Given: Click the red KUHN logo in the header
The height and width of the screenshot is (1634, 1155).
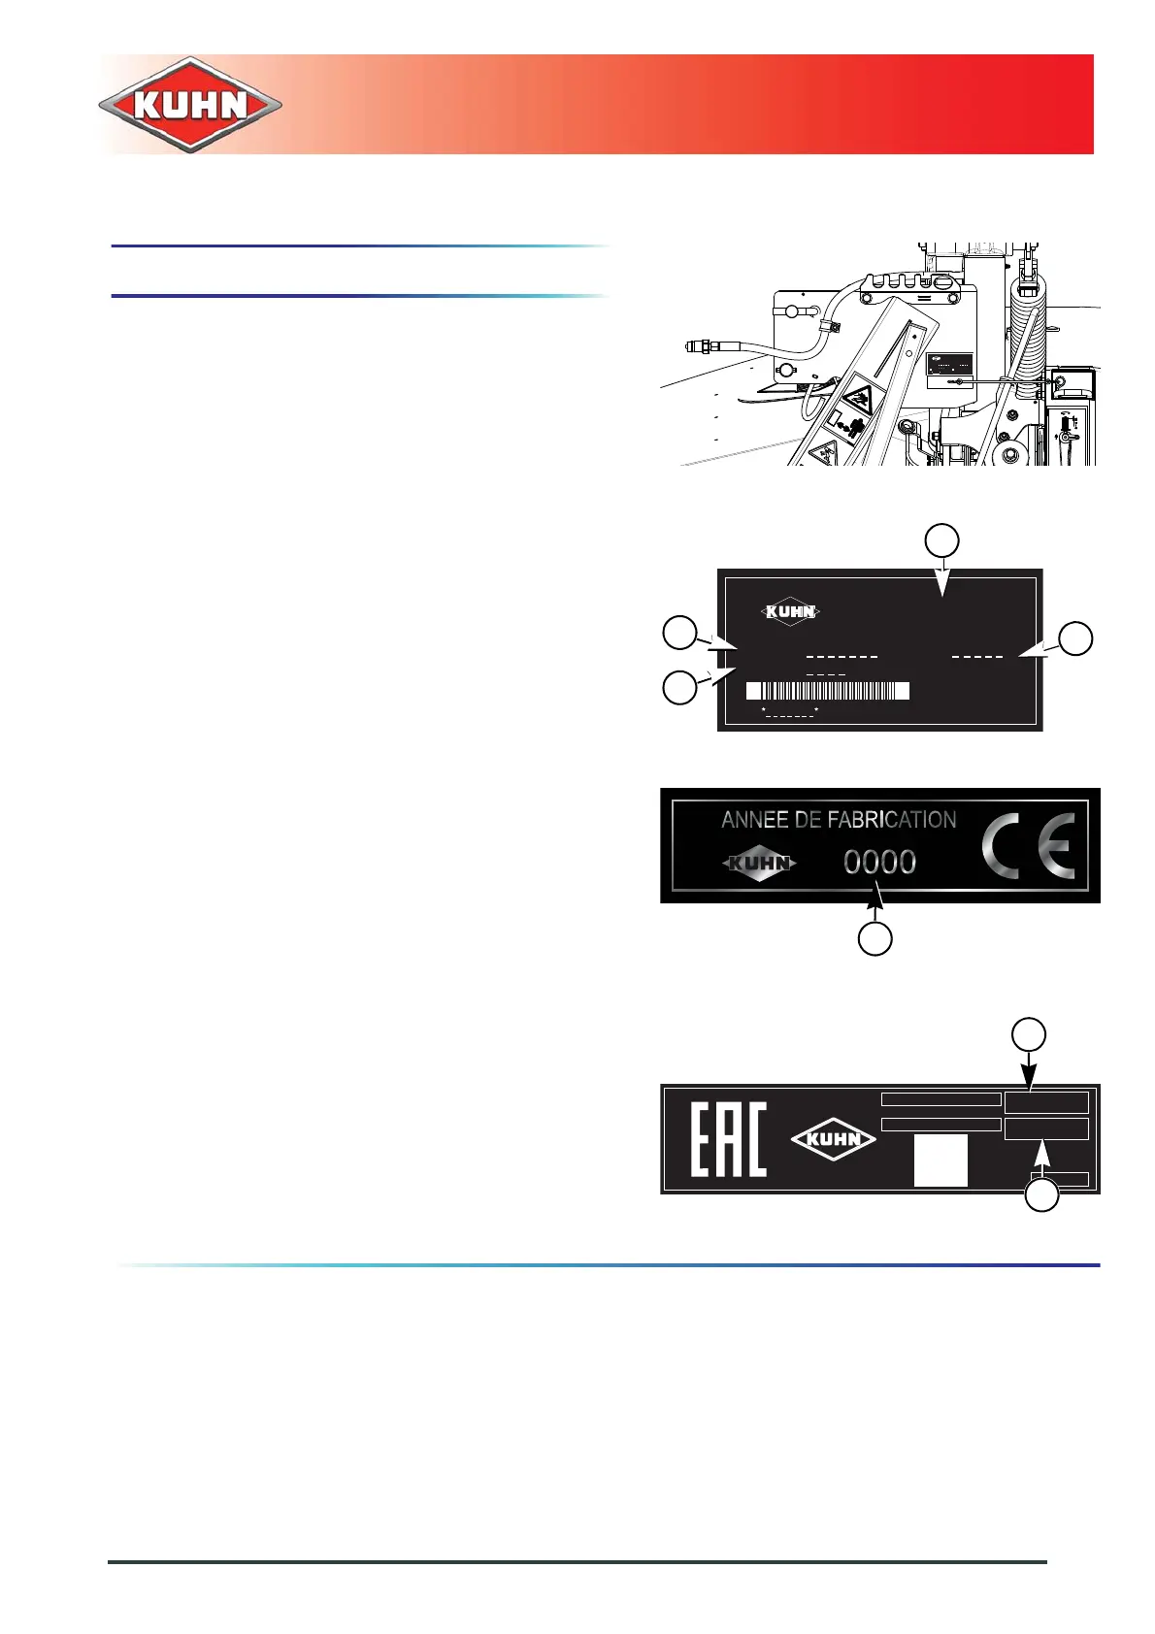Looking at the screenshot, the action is tap(190, 105).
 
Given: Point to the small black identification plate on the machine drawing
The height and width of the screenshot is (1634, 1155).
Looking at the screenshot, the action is tap(949, 367).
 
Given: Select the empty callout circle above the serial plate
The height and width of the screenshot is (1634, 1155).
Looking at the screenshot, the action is tap(941, 540).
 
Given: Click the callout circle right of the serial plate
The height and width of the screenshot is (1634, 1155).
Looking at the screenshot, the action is tap(1075, 638).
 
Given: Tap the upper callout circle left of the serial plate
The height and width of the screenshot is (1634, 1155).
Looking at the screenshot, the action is tap(679, 632).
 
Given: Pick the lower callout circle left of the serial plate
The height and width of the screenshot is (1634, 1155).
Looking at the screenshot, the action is tap(679, 687).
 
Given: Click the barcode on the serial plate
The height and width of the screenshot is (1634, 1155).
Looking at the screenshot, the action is tap(828, 691).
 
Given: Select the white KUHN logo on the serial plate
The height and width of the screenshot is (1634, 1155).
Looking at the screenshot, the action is tap(791, 611).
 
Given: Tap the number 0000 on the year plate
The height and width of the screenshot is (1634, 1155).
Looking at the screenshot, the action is tap(879, 862).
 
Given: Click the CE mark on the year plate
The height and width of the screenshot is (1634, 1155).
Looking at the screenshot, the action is tap(1028, 845).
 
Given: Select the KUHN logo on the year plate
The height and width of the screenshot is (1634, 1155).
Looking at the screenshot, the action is tap(761, 863).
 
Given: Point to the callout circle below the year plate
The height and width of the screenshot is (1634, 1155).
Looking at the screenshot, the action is tap(875, 938).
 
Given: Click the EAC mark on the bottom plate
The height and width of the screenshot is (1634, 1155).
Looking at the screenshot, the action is tap(728, 1139).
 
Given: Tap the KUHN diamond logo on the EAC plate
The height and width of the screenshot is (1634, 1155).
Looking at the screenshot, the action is tap(834, 1139).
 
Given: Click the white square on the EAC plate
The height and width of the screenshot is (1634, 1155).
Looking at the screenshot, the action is tap(940, 1160).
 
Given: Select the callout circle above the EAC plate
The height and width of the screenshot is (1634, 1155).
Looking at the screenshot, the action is tap(1029, 1034).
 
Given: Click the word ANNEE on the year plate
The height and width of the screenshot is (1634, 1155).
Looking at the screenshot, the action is tap(754, 820).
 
